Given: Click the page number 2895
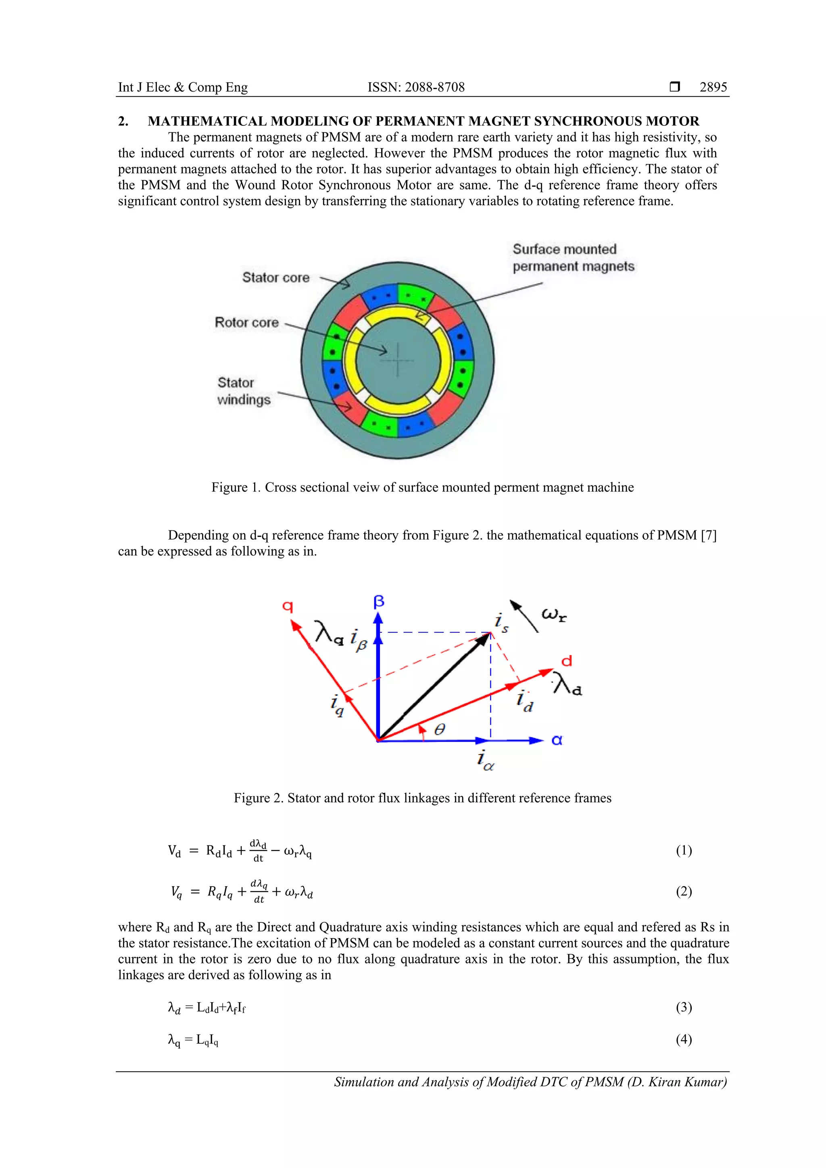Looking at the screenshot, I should pyautogui.click(x=713, y=87).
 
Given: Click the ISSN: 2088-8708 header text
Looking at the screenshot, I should pyautogui.click(x=416, y=87).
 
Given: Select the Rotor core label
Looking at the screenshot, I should pyautogui.click(x=247, y=323).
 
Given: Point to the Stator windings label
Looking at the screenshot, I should pyautogui.click(x=243, y=391).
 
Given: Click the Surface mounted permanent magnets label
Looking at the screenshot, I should pyautogui.click(x=573, y=258).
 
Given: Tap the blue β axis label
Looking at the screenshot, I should pyautogui.click(x=379, y=602).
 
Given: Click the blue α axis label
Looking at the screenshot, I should pyautogui.click(x=557, y=740).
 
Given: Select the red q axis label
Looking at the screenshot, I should pyautogui.click(x=288, y=606).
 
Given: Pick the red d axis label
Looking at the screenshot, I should pyautogui.click(x=567, y=661).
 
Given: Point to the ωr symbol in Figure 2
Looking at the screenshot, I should pyautogui.click(x=554, y=615).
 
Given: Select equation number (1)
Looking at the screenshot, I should pyautogui.click(x=684, y=850).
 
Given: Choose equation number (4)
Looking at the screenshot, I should pyautogui.click(x=684, y=1039).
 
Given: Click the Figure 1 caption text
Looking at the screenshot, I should pyautogui.click(x=422, y=487).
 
